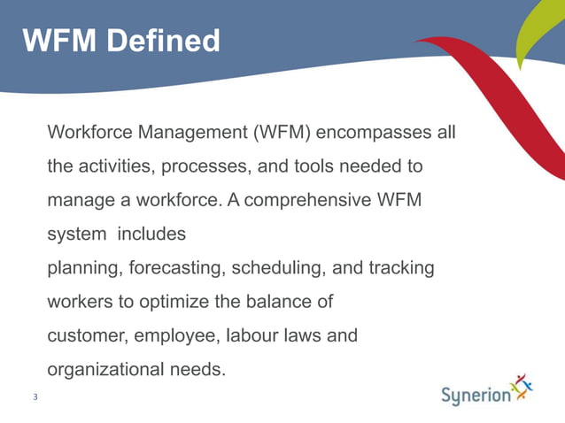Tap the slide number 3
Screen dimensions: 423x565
[35, 396]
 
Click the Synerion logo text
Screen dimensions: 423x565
[476, 394]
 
